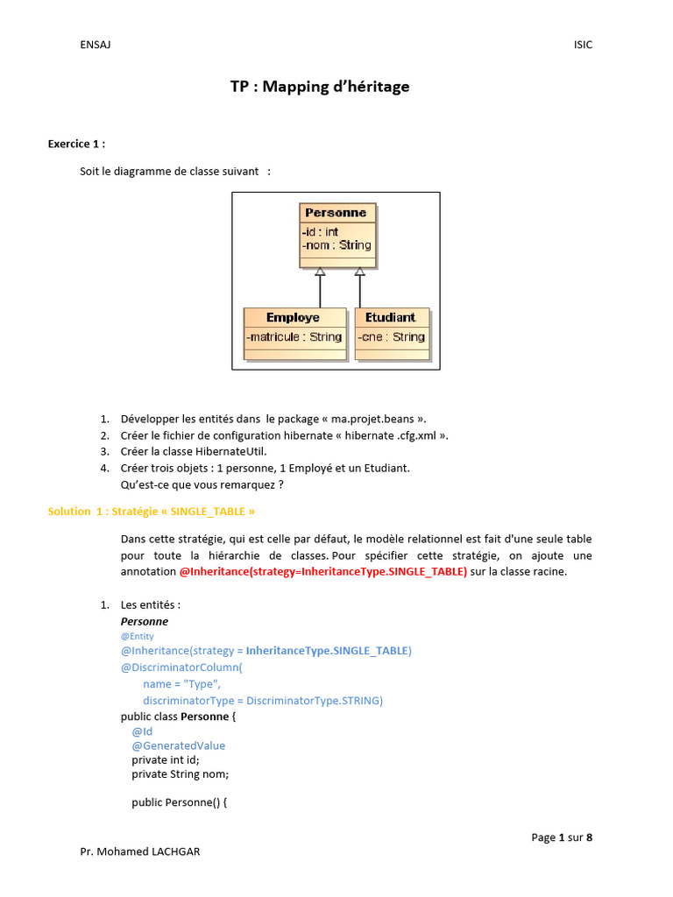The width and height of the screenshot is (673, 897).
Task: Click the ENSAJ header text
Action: tap(95, 45)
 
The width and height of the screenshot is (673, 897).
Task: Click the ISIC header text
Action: tap(583, 45)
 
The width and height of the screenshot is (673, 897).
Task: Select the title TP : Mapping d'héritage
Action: tap(320, 87)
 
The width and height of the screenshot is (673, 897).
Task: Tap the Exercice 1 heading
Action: tap(76, 144)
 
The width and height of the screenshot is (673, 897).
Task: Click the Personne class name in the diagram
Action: tap(336, 213)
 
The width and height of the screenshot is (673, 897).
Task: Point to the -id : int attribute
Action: tap(320, 232)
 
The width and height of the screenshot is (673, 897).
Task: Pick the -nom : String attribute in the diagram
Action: tap(336, 245)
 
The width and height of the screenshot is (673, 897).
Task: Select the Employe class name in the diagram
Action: tap(293, 317)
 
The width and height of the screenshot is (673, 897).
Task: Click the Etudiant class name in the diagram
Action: tap(391, 317)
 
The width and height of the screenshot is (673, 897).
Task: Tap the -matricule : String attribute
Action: tap(294, 337)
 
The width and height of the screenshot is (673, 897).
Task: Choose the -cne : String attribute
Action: tap(392, 337)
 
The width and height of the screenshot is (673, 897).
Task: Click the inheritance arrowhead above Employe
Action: tap(320, 272)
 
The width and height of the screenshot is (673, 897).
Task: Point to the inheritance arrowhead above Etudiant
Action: tap(359, 272)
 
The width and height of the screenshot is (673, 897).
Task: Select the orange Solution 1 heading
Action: tap(152, 511)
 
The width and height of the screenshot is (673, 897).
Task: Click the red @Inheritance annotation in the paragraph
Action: tap(322, 571)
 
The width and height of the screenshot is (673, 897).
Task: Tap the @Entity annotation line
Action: tap(138, 637)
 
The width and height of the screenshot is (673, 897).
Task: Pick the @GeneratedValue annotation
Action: tap(179, 745)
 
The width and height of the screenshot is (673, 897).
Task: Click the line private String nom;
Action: tap(180, 773)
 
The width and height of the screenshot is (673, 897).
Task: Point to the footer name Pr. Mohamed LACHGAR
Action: tap(139, 851)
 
